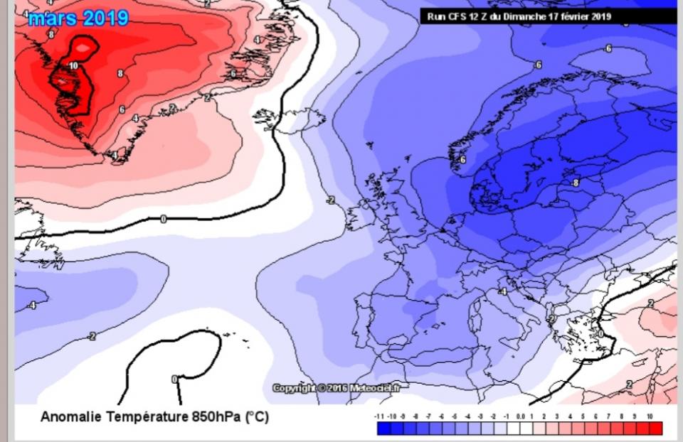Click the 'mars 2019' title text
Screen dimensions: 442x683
pos(78,17)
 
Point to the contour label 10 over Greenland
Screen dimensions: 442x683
pos(73,65)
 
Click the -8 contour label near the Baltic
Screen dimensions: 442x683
pos(575,183)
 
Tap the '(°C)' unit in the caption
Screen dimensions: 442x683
pos(257,417)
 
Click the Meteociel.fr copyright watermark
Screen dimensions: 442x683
pos(336,388)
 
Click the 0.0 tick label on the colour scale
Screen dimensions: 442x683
pos(520,416)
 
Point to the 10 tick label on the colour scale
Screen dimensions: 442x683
pos(650,416)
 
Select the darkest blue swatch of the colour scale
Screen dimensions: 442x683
pos(384,428)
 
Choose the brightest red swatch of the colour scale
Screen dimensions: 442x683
pos(655,428)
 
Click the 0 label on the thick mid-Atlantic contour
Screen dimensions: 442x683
pos(163,219)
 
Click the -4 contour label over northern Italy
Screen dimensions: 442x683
pos(502,291)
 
